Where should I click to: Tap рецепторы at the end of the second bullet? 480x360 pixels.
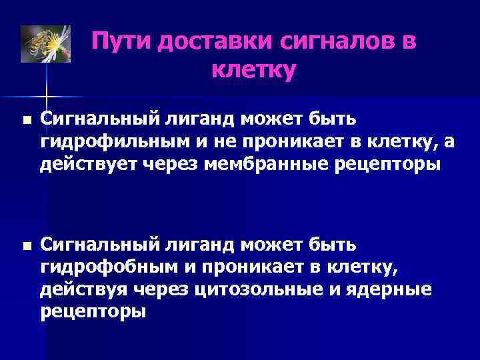click(x=93, y=311)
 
